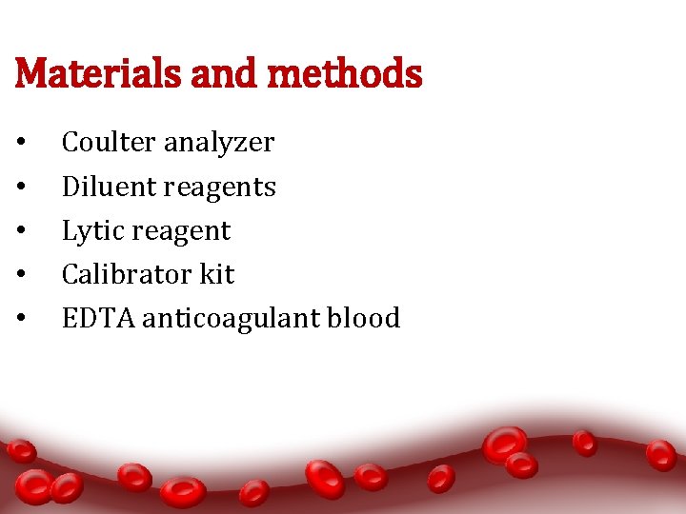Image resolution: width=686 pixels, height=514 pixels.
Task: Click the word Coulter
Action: tap(109, 143)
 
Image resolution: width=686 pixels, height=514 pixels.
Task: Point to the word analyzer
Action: tap(218, 144)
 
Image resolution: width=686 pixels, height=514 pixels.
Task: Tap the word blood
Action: tap(364, 318)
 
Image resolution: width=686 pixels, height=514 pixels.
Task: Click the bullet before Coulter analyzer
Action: tap(20, 144)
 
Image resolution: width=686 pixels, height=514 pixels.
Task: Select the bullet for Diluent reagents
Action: tap(20, 188)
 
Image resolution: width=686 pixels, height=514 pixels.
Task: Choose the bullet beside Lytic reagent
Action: tap(20, 231)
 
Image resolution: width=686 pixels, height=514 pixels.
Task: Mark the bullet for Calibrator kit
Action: tap(20, 275)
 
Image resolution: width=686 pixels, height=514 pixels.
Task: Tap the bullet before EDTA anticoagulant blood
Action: tap(20, 319)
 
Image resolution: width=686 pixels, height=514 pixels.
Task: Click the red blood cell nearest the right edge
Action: tap(660, 455)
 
